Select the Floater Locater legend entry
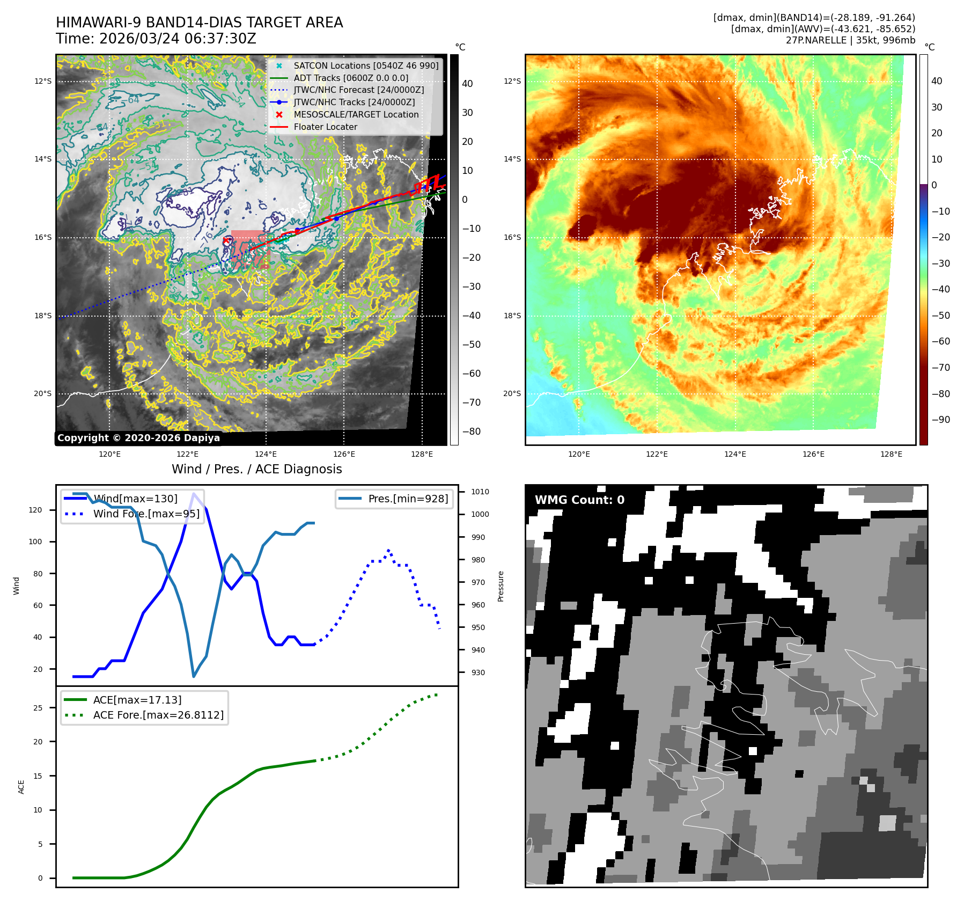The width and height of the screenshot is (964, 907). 325,127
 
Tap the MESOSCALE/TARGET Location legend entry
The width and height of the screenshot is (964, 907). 356,114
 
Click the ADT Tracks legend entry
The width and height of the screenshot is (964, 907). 351,78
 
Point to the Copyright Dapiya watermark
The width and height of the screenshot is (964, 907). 138,438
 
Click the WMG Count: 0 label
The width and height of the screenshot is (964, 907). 579,500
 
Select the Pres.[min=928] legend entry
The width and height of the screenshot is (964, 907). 408,499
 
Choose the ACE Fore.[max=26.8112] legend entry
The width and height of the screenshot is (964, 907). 158,715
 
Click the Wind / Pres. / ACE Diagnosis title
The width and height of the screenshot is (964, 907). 256,469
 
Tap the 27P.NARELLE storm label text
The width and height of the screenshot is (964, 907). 850,40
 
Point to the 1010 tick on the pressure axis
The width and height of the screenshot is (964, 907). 480,492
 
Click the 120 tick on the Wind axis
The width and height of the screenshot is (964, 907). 35,510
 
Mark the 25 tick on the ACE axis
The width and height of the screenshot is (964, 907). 38,708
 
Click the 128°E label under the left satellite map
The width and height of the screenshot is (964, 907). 422,454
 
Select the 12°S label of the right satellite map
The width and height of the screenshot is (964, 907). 512,81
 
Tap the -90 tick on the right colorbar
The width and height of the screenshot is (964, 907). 940,420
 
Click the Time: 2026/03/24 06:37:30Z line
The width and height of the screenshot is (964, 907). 156,39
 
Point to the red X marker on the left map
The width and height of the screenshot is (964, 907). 226,241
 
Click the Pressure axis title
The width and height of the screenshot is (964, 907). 501,586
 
